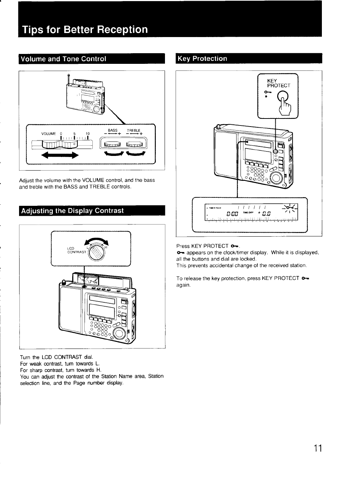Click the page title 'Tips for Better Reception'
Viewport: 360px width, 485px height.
point(85,29)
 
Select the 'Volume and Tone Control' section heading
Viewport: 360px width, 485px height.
point(63,59)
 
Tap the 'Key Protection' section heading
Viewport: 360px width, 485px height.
point(202,59)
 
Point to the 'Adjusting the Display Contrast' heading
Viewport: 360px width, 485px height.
point(72,211)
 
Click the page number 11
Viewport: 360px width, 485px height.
point(317,448)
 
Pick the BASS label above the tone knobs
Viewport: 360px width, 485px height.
point(113,130)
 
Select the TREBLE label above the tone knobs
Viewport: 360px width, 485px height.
point(133,130)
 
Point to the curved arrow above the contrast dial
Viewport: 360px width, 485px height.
point(97,240)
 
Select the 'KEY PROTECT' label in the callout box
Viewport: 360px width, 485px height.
point(278,83)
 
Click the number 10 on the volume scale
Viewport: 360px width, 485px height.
point(88,134)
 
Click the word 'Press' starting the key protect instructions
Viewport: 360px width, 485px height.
point(183,246)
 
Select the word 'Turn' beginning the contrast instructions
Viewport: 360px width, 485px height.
point(25,357)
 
